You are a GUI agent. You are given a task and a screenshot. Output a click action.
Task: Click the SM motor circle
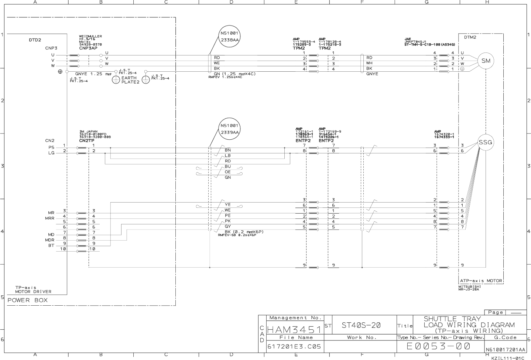coord(486,61)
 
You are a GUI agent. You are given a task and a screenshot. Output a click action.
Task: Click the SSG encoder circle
coord(486,142)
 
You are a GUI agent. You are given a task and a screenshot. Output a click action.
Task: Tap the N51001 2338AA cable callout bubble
coord(230,36)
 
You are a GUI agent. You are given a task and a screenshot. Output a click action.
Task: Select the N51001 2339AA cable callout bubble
coord(230,129)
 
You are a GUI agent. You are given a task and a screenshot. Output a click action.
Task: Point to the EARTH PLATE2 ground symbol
coord(116,80)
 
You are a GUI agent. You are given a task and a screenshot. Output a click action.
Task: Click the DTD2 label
coord(35,40)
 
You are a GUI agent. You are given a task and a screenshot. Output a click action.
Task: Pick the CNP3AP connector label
coord(88,48)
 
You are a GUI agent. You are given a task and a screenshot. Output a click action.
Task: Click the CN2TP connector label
coord(87,140)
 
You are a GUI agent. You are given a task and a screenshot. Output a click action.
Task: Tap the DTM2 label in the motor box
coord(470,37)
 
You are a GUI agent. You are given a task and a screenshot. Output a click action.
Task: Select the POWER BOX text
coord(28,300)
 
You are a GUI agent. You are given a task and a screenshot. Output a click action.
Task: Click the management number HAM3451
coord(294,329)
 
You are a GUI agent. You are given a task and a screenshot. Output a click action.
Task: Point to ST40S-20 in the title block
coord(361,325)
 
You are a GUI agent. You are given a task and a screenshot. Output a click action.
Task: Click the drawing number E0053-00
coord(438,346)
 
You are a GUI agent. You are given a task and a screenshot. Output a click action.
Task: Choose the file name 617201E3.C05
coord(294,347)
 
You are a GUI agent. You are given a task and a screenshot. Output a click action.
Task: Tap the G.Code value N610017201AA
coord(506,349)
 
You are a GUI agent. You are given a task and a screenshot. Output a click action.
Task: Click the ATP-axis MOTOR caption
coord(481,281)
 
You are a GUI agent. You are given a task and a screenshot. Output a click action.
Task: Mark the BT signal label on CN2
coord(51,245)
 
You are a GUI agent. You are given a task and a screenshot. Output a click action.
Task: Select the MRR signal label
coord(49,218)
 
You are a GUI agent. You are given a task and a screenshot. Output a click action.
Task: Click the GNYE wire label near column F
coord(372,74)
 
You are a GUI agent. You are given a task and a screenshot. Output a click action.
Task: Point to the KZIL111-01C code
coord(507,358)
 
